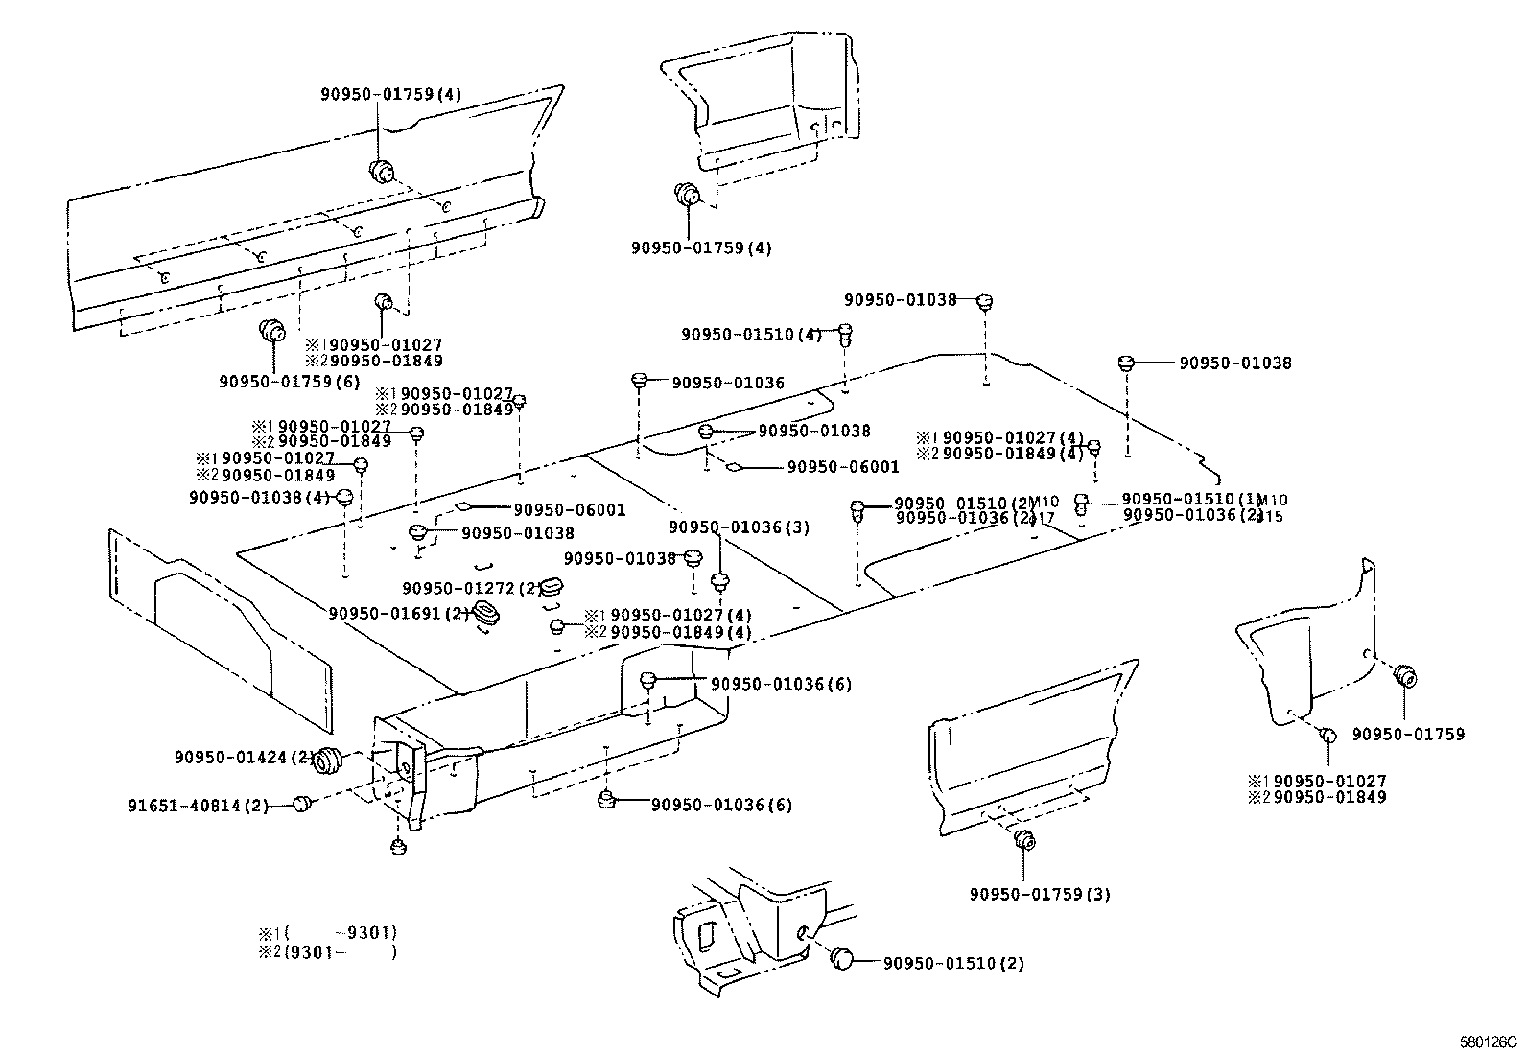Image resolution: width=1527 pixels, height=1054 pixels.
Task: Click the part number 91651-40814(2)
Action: [199, 805]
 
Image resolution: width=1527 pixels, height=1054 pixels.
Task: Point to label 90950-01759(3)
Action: [1040, 895]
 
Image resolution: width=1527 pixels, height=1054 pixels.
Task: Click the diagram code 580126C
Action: [1486, 1041]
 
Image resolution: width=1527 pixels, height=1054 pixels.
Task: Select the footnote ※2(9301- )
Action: [327, 952]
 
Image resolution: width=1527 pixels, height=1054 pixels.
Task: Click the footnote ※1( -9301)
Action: [327, 932]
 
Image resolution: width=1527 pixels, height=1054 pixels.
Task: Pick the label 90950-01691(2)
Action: [398, 613]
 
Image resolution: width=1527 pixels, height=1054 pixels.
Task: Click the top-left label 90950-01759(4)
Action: [390, 94]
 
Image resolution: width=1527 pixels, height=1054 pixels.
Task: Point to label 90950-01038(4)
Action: [259, 497]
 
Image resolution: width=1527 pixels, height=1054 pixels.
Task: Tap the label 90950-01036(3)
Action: [739, 527]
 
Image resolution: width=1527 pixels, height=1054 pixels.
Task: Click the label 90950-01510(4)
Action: [752, 335]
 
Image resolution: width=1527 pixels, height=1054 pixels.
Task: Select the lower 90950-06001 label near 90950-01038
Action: [568, 509]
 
